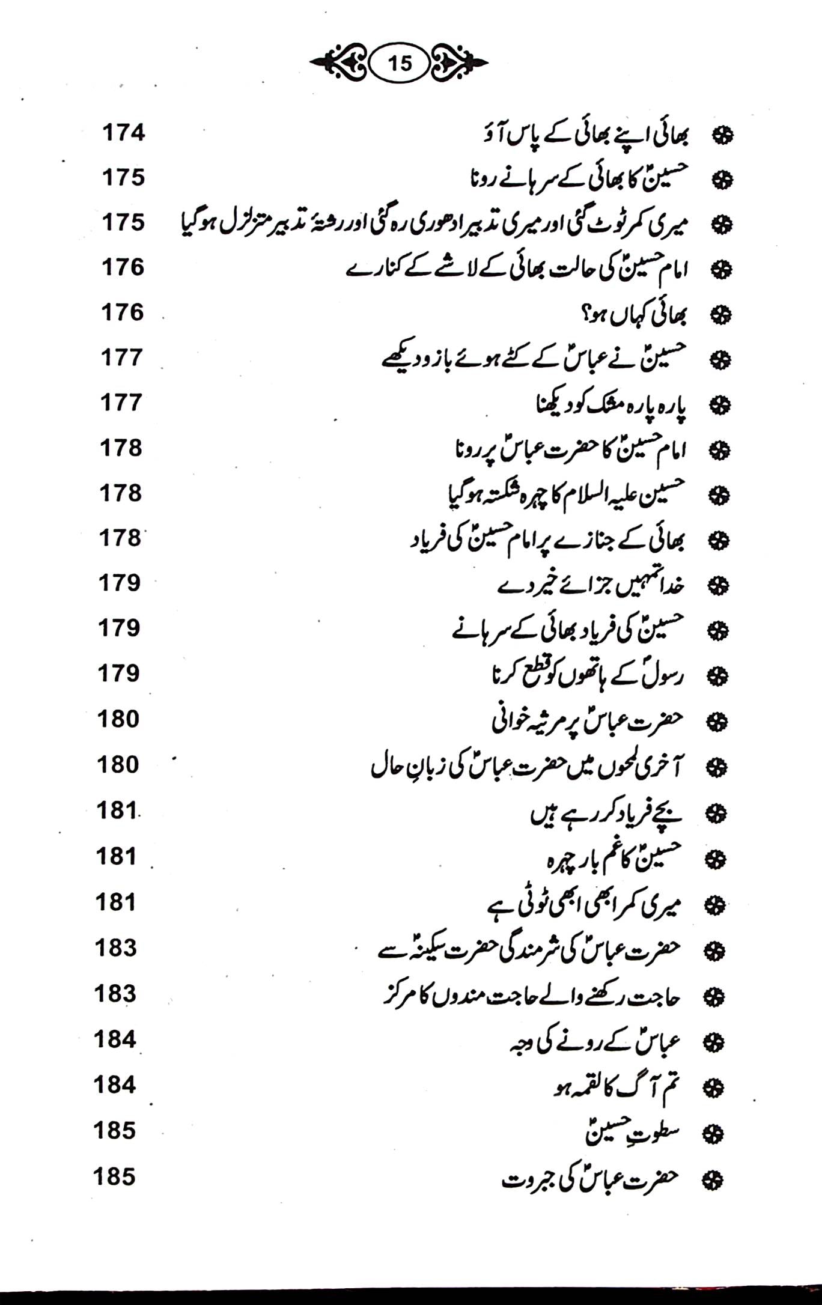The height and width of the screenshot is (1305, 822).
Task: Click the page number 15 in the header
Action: point(400,63)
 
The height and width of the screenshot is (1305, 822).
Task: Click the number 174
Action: point(124,133)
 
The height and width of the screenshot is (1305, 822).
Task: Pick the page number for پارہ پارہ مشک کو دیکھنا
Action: point(121,403)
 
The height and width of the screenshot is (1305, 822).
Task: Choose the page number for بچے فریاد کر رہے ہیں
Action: point(118,811)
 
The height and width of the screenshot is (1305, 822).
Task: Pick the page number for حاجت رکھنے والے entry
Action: point(115,994)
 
